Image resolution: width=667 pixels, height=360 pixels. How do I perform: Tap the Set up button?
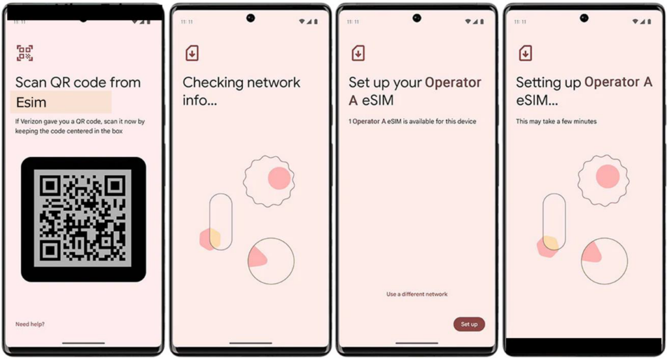469,324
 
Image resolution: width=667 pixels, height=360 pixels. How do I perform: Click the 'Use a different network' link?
417,294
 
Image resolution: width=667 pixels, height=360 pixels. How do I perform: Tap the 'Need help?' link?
30,324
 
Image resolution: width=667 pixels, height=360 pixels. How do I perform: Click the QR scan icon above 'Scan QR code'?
25,53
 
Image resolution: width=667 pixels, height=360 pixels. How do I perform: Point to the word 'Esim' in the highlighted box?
31,102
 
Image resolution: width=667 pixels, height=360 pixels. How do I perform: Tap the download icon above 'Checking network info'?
192,53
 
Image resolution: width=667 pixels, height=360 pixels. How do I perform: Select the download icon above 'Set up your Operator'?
358,53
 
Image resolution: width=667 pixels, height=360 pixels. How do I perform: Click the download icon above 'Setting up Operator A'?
526,53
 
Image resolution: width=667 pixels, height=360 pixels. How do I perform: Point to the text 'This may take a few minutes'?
556,122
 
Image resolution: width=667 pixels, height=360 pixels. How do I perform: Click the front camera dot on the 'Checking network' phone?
251,18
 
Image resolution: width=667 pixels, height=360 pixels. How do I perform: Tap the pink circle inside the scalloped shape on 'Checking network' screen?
279,178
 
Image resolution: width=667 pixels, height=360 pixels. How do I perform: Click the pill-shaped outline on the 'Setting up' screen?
543,221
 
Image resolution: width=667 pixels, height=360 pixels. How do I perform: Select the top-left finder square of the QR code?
50,186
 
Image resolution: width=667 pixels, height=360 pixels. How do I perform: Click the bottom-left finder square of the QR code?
50,251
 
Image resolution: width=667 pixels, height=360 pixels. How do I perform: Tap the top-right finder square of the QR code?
115,186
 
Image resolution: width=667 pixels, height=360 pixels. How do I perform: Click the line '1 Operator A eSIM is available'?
412,122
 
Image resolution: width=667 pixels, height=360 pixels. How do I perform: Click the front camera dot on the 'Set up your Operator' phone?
417,18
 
